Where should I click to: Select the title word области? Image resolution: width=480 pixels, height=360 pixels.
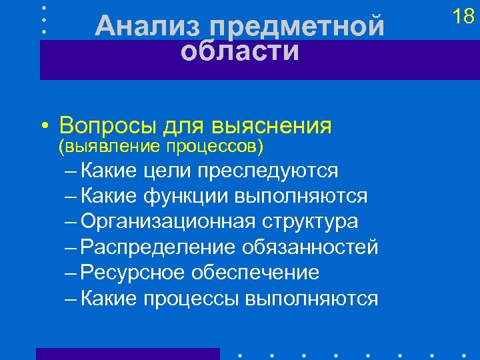pos(240,51)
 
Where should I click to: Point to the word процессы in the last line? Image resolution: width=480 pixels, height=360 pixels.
pos(191,298)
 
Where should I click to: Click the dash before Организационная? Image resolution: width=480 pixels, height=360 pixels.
pos(71,222)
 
